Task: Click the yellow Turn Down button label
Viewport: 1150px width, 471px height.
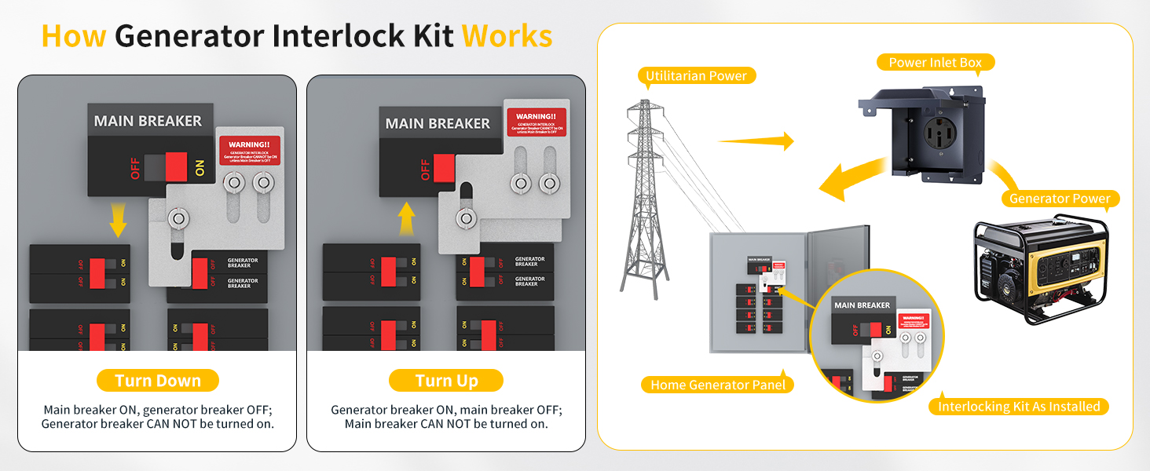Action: [x=157, y=381]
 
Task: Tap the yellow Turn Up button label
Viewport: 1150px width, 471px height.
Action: [x=446, y=381]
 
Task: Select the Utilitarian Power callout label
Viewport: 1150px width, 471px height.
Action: [x=696, y=76]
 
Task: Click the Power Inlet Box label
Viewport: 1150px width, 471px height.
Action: [x=935, y=63]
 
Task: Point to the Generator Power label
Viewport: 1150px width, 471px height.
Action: [x=1060, y=199]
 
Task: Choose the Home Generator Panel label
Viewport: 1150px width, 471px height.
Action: [x=718, y=385]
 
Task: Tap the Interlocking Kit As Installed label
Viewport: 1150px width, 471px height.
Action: [x=1019, y=407]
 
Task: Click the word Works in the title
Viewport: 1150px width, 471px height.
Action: [x=507, y=36]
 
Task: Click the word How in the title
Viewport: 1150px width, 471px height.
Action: [x=73, y=36]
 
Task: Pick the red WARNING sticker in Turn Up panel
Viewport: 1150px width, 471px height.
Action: [x=537, y=122]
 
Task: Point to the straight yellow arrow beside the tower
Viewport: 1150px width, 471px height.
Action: [x=756, y=141]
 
